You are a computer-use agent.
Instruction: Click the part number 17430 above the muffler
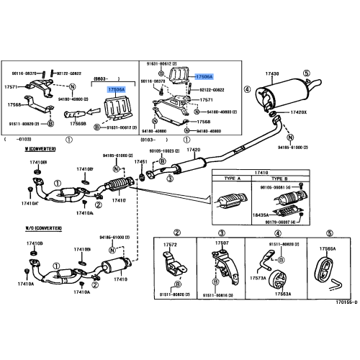point(271,75)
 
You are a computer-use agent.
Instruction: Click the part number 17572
point(170,244)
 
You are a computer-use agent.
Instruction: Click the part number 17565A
point(328,248)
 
